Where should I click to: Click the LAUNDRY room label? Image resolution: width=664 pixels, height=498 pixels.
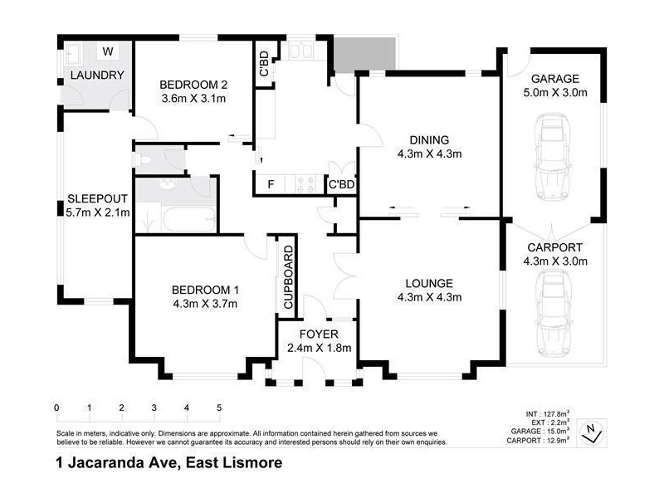[x=97, y=76]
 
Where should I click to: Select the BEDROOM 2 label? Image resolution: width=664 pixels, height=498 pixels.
[x=193, y=84]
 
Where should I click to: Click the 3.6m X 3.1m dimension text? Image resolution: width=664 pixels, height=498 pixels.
[x=193, y=98]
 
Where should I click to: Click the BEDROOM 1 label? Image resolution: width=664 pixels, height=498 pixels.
[x=205, y=290]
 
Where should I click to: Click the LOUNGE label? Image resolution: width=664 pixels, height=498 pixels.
[x=430, y=282]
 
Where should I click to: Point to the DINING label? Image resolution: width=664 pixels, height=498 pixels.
[x=430, y=139]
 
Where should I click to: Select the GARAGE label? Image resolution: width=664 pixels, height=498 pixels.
[x=554, y=79]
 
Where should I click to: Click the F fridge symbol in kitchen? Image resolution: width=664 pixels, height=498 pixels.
[x=270, y=184]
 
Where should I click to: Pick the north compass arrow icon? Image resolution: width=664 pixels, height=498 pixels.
[x=590, y=430]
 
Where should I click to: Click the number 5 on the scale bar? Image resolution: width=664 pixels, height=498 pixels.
[x=219, y=408]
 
